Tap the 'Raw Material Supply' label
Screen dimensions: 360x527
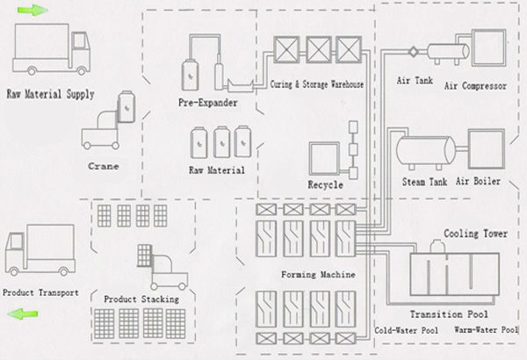pos(50,93)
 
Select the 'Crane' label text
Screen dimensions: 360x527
pos(105,164)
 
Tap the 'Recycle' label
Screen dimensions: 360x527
pos(324,185)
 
